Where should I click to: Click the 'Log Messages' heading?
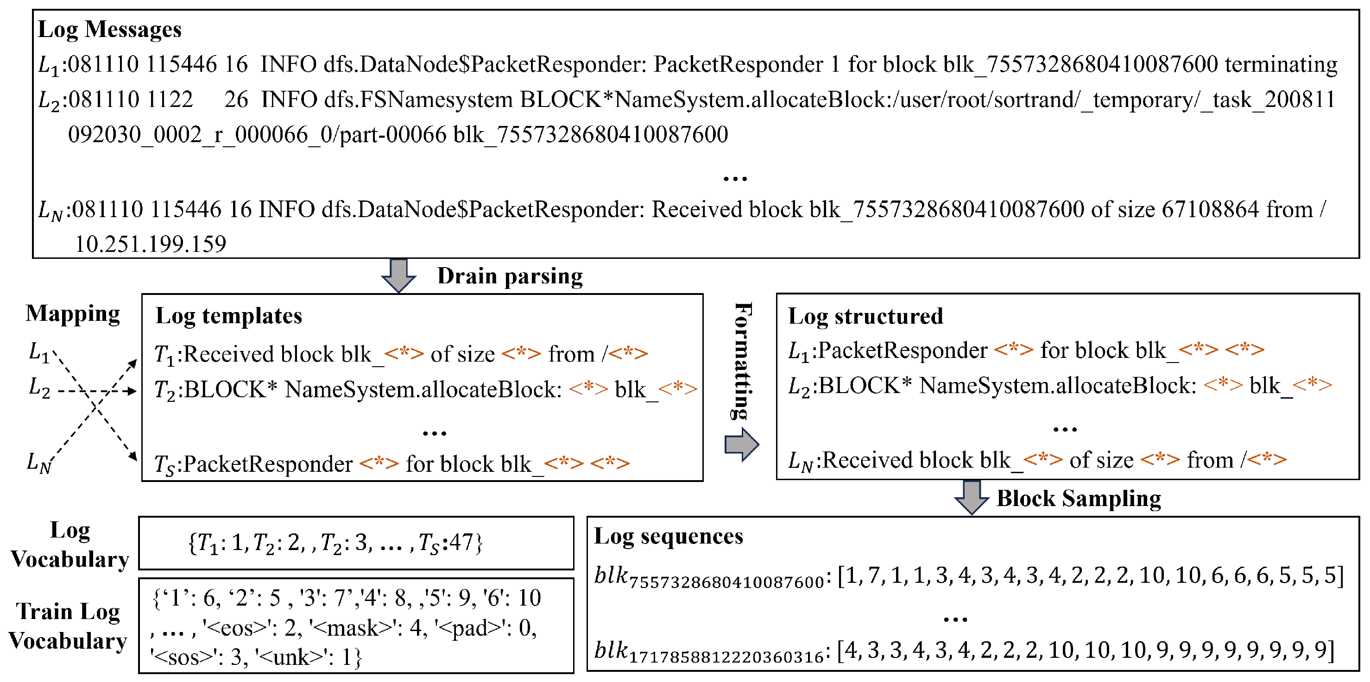pyautogui.click(x=109, y=29)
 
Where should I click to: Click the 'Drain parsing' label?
pyautogui.click(x=510, y=276)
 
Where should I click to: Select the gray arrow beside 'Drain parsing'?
pyautogui.click(x=398, y=275)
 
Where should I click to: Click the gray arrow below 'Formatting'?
pyautogui.click(x=741, y=444)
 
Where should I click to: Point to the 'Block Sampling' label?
pyautogui.click(x=1078, y=499)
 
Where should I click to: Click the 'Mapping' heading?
pyautogui.click(x=73, y=313)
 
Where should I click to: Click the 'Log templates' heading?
pyautogui.click(x=229, y=316)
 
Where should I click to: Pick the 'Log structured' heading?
pyautogui.click(x=865, y=316)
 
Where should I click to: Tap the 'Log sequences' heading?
pyautogui.click(x=668, y=536)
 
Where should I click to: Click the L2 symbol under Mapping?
pyautogui.click(x=39, y=388)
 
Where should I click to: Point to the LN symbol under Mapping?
pyautogui.click(x=39, y=463)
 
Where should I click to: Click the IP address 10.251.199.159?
pyautogui.click(x=151, y=244)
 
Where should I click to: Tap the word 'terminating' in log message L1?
pyautogui.click(x=1281, y=65)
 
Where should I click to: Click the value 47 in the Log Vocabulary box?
pyautogui.click(x=461, y=543)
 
